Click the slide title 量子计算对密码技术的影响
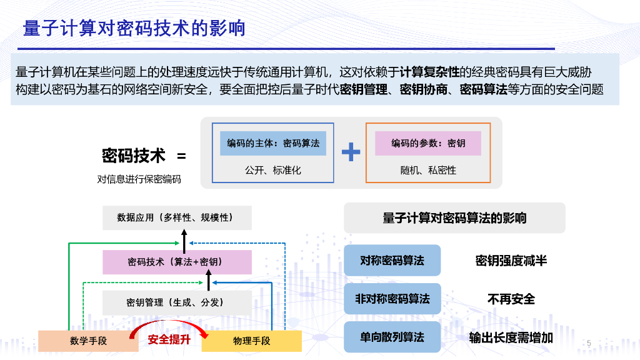click(x=134, y=29)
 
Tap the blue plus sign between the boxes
click(x=351, y=152)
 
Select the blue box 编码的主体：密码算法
click(x=273, y=143)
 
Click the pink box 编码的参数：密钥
click(x=428, y=143)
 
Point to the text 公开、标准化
click(x=273, y=170)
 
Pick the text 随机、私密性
click(x=428, y=170)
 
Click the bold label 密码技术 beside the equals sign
click(x=134, y=156)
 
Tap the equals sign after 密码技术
click(x=181, y=156)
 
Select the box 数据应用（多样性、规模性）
click(x=177, y=217)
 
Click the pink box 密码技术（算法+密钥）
click(x=177, y=262)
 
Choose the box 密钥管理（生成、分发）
click(x=177, y=302)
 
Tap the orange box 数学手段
click(x=89, y=341)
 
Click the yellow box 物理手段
click(x=251, y=341)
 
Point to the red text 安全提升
click(x=169, y=340)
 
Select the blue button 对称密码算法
click(x=392, y=260)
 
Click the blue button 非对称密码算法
click(x=392, y=299)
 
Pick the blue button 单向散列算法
click(x=392, y=337)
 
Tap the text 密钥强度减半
click(x=511, y=261)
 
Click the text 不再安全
click(x=511, y=299)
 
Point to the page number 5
click(x=589, y=342)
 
